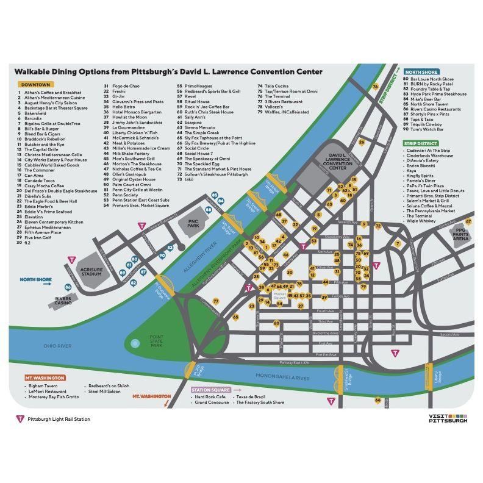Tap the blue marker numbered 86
point(68,287)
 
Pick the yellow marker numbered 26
point(361,142)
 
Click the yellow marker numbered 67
point(468,221)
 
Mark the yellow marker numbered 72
point(377,226)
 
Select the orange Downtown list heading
point(35,84)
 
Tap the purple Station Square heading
point(210,389)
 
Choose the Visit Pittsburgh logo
point(448,418)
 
